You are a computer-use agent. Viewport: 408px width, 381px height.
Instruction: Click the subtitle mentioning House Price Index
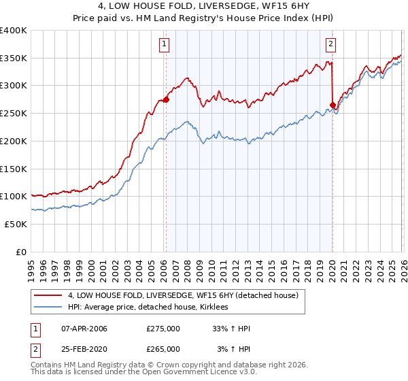[203, 19]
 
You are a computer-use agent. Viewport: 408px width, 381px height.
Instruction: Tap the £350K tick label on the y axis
[14, 59]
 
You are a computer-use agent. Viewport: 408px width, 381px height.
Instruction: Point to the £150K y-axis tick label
[14, 169]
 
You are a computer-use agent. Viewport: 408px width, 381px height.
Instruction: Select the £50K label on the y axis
[16, 224]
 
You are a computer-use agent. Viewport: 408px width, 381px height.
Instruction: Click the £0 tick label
[22, 252]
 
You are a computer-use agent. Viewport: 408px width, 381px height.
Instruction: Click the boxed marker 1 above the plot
[165, 45]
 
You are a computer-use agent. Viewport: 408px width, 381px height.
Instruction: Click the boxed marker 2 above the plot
[330, 45]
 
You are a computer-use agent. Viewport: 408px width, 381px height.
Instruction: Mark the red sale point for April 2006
[166, 100]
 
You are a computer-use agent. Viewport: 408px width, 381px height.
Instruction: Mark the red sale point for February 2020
[333, 105]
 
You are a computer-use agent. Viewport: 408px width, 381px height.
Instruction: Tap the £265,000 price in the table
[163, 349]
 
